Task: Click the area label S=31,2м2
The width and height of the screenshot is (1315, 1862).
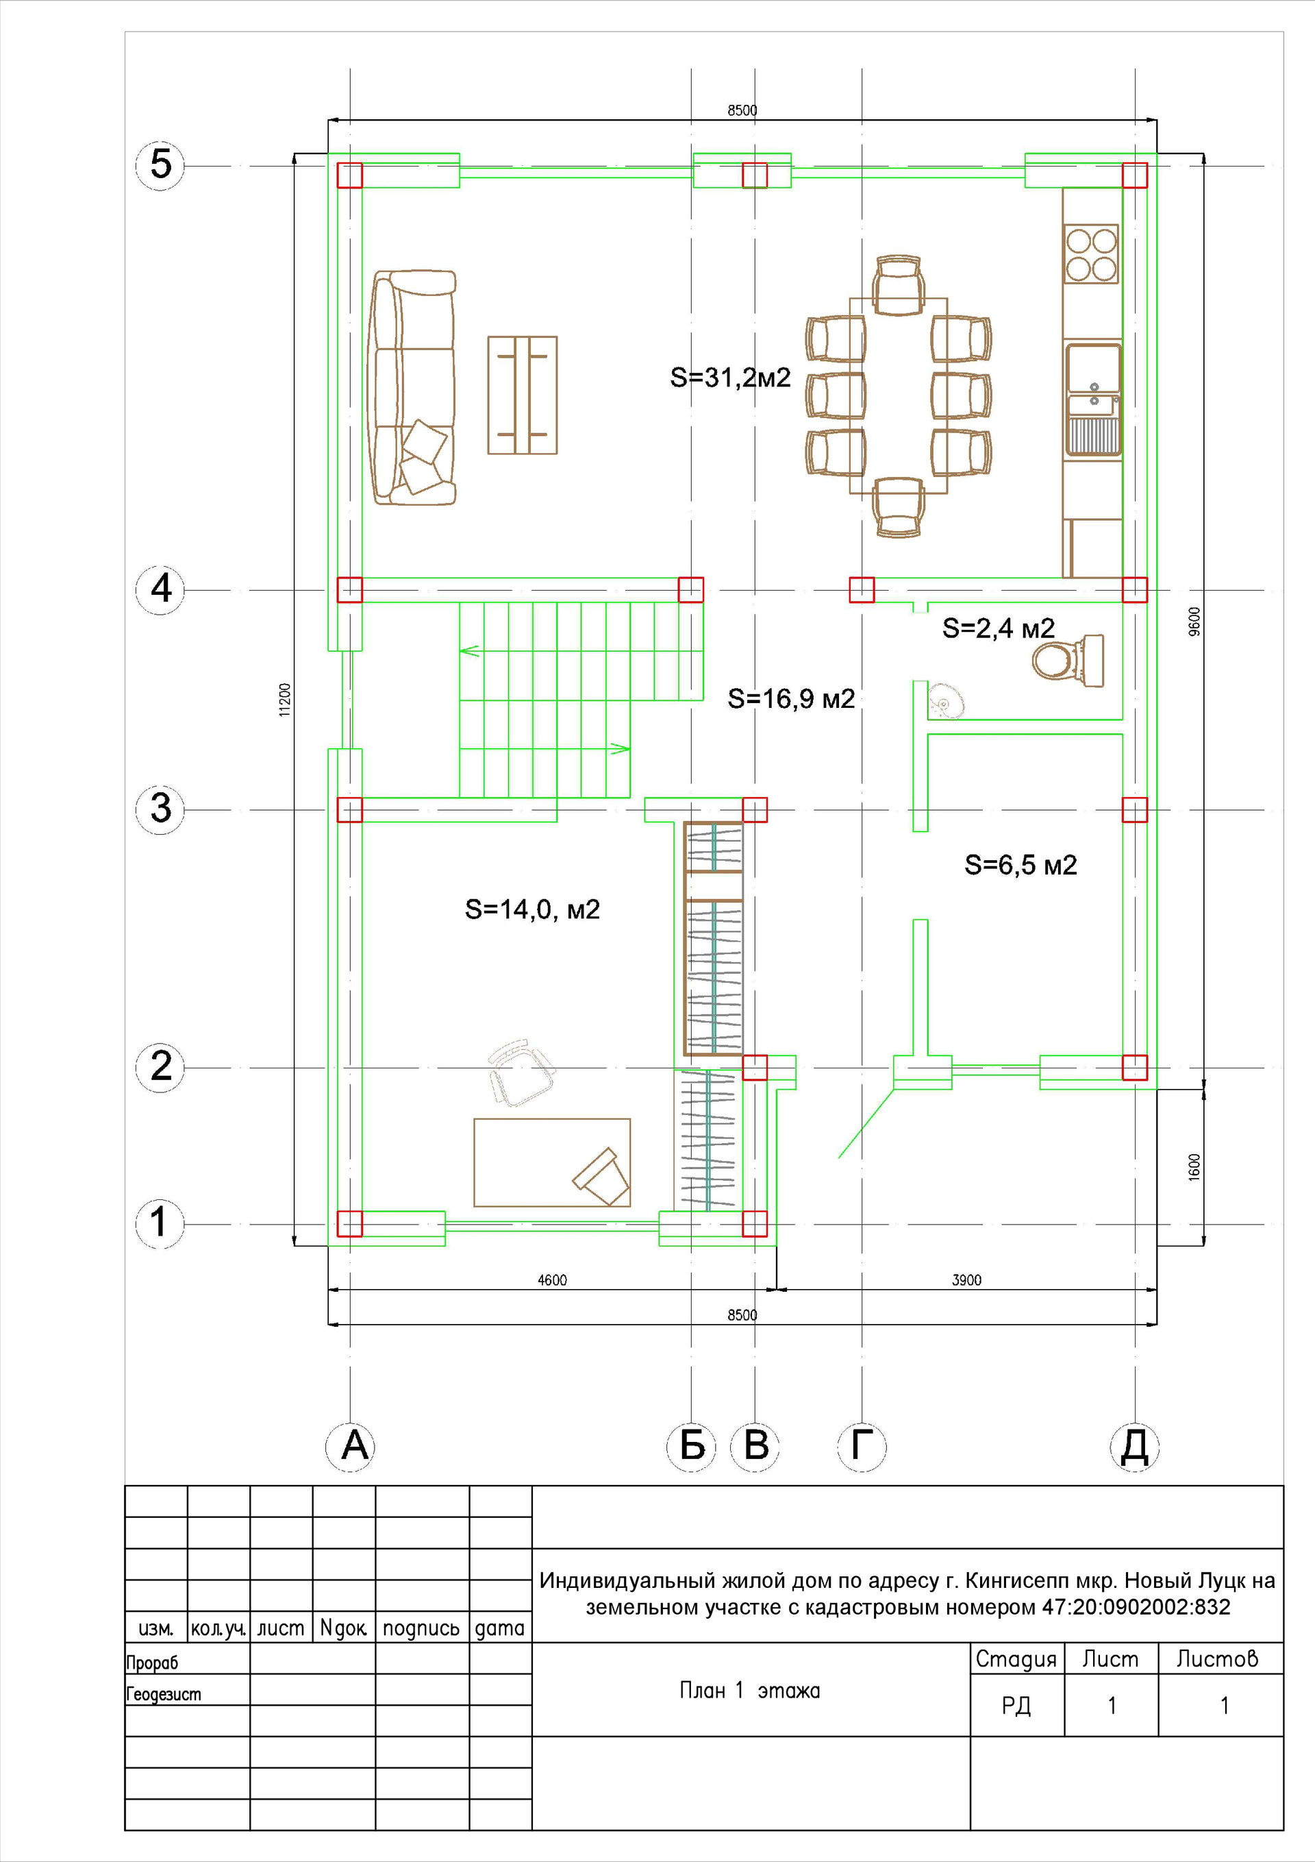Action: [729, 378]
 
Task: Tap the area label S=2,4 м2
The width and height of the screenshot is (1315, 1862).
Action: [998, 628]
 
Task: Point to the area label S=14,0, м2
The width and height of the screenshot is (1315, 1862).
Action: [532, 909]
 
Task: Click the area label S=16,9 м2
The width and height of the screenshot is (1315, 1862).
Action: [791, 698]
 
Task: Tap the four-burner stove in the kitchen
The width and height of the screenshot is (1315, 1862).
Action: [1091, 253]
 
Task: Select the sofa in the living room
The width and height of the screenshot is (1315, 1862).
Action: [414, 388]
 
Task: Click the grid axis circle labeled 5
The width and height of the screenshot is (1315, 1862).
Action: [160, 164]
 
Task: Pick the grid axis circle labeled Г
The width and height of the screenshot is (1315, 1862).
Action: [861, 1446]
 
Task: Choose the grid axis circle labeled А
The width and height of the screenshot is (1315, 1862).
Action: [350, 1446]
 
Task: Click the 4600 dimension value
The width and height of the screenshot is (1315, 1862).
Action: [552, 1279]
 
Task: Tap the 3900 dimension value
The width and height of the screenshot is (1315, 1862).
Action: [966, 1279]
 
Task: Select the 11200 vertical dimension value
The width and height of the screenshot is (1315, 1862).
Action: [284, 699]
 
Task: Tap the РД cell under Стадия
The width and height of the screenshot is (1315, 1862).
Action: [1016, 1706]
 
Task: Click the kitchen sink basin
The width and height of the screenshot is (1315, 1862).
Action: [1094, 369]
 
